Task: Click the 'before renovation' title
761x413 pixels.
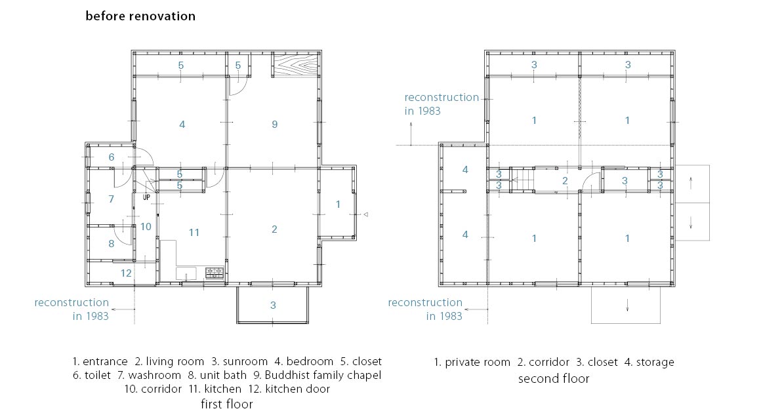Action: (x=140, y=16)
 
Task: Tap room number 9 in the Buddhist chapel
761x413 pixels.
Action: (x=275, y=125)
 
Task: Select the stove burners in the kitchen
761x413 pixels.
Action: (x=215, y=273)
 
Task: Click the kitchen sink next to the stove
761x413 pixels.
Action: (x=186, y=274)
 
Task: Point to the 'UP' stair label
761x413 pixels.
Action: (x=146, y=197)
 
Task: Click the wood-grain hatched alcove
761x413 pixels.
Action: (x=296, y=64)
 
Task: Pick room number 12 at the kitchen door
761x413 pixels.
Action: (x=126, y=273)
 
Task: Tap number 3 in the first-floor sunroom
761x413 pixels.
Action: (x=274, y=305)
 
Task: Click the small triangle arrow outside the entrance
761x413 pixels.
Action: (x=366, y=214)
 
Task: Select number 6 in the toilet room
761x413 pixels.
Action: (x=112, y=157)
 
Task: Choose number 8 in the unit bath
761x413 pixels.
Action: (x=111, y=244)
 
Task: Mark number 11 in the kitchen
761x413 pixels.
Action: (x=194, y=233)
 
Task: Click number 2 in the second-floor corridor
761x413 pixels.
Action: (x=565, y=181)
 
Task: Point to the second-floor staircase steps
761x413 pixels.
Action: (x=523, y=180)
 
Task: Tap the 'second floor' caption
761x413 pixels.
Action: (x=554, y=379)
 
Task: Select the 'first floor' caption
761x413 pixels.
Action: (x=227, y=404)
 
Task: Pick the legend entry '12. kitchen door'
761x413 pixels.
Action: (x=289, y=389)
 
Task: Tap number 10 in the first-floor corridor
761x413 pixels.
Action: (x=146, y=226)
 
